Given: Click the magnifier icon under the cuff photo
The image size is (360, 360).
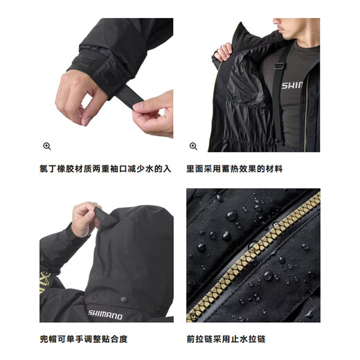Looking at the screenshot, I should (47, 146).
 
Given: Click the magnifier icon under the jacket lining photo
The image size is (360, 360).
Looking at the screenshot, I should (193, 146).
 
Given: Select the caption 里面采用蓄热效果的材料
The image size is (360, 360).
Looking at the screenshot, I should (234, 168).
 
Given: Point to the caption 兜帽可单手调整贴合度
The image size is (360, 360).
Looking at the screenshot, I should (83, 339).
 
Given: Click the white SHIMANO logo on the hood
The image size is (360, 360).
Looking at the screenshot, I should (105, 314).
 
